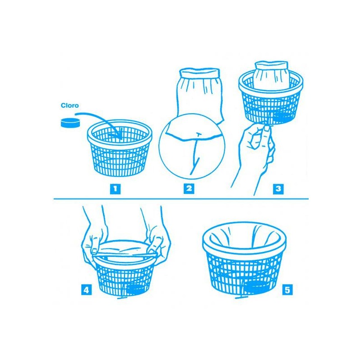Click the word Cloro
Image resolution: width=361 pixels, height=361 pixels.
pos(69,106)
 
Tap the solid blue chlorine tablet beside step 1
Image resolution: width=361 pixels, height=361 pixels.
pos(70,123)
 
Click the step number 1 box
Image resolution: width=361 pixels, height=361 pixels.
pos(115,189)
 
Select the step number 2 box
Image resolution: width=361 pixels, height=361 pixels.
pos(189,189)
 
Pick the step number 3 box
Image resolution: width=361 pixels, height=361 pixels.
pos(278,189)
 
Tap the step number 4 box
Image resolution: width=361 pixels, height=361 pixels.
pos(86,290)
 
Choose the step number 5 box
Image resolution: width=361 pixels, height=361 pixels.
pos(287,290)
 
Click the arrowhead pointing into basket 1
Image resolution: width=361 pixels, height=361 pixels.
pos(119,136)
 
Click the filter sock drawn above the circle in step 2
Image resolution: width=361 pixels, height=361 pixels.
pos(199,92)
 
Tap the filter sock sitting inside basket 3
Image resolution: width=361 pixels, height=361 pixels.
pos(272,75)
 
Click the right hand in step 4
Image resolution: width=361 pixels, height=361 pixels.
pos(157,240)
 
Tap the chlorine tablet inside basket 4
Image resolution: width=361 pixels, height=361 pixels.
pos(135,289)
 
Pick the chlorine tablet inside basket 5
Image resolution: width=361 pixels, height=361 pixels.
pos(256,287)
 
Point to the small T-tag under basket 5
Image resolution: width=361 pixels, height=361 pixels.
pos(241,297)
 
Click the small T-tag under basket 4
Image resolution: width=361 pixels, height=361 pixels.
pos(124,297)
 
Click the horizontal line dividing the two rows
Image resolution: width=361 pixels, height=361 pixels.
pos(181,199)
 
